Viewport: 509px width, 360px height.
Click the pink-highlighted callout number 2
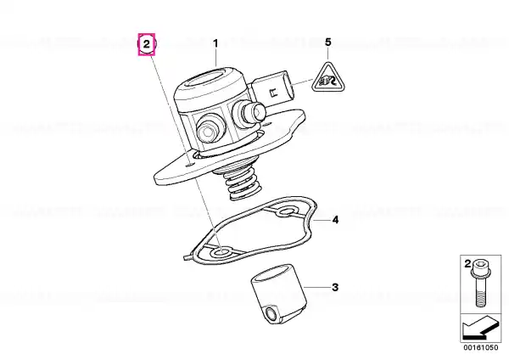coord(147,44)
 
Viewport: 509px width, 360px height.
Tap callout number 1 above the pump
coord(215,43)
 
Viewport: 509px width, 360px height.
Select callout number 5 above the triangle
coord(328,42)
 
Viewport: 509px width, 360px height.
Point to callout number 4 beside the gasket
coord(335,220)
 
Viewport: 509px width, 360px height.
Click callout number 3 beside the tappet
coord(335,287)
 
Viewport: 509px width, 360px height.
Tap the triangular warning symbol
coord(327,78)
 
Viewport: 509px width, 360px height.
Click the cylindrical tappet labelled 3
coord(278,294)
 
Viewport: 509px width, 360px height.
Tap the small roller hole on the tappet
coord(270,314)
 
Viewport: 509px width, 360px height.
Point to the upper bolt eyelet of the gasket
coord(286,213)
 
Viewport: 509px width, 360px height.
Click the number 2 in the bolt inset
coord(467,264)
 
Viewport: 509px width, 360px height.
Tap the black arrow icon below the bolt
coord(480,329)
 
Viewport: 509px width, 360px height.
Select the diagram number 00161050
coord(480,347)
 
